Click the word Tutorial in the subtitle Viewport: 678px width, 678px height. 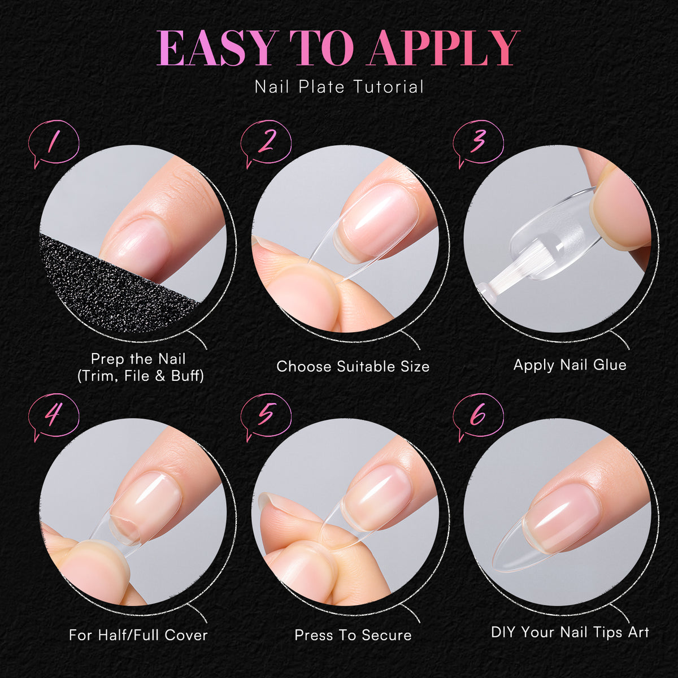tap(389, 87)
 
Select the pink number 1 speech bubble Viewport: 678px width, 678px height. tap(54, 144)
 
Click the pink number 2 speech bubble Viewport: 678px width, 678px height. tap(266, 144)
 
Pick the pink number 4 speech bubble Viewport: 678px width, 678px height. tap(54, 418)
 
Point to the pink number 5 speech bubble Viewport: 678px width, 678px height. tap(266, 418)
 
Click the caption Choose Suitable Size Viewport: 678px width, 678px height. tap(353, 367)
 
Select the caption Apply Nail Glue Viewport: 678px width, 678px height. tap(570, 365)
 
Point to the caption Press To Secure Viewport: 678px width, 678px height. tap(353, 635)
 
